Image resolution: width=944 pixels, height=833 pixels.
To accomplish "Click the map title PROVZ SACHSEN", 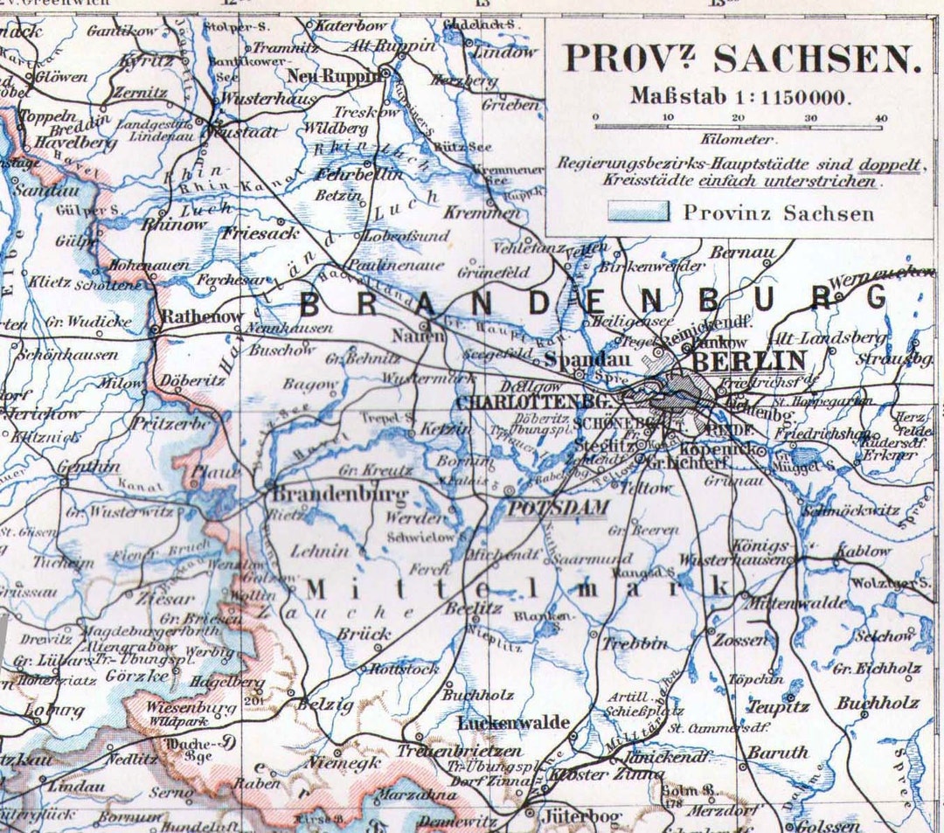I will tap(742, 59).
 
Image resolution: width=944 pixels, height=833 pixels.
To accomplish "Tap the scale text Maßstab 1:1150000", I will tap(739, 97).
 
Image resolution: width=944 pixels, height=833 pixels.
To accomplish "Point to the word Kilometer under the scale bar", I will tap(736, 139).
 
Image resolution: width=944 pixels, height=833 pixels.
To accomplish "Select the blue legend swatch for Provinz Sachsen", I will tap(641, 212).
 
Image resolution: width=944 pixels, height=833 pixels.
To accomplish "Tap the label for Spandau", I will tap(576, 358).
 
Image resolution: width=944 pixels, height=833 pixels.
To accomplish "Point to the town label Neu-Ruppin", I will tap(335, 75).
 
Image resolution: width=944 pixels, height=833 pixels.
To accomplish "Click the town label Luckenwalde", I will tap(514, 723).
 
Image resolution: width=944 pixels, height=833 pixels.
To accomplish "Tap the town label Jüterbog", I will tap(581, 817).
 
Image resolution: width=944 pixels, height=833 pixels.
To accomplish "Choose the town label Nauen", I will tap(413, 334).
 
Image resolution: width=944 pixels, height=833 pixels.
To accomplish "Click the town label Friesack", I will tap(260, 233).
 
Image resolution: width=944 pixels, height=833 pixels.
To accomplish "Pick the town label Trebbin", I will tap(635, 643).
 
